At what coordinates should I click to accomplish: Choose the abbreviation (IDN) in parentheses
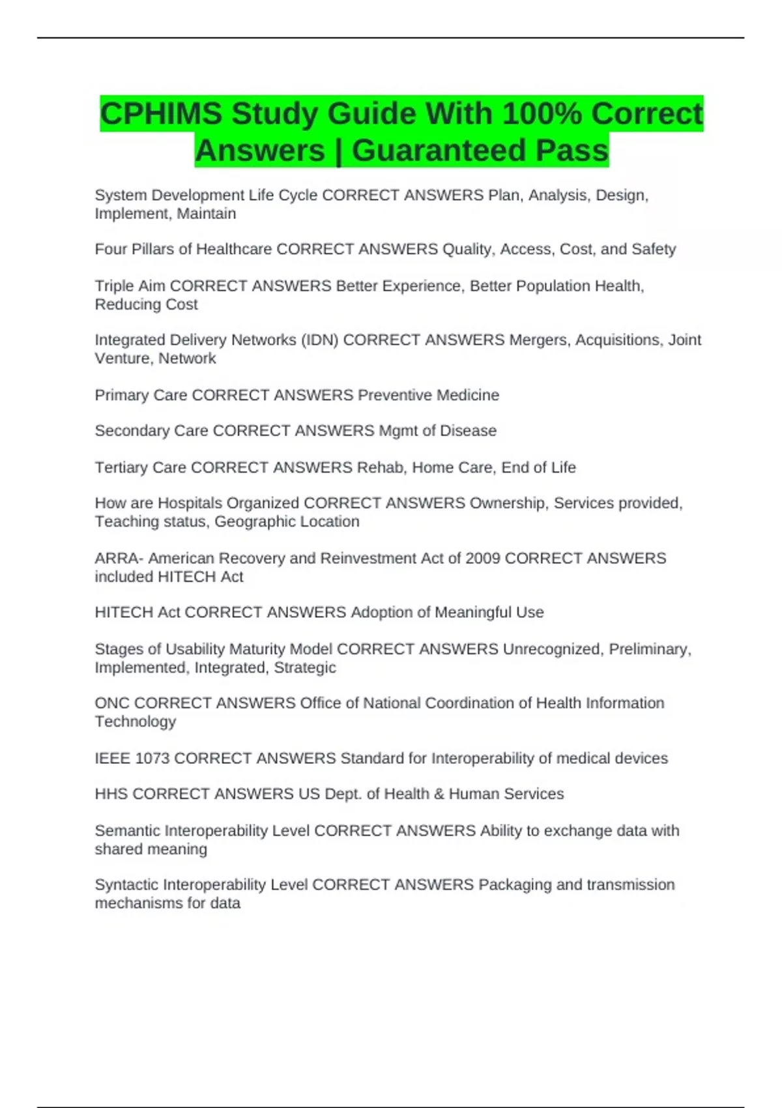319,340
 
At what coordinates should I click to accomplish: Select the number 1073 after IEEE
152,759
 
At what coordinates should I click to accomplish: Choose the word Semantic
128,831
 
